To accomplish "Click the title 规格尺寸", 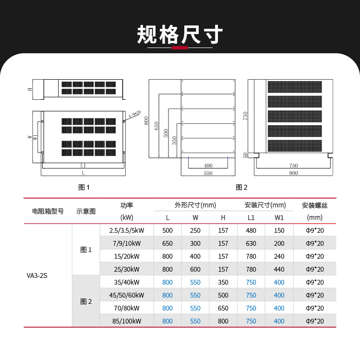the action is (x=180, y=35).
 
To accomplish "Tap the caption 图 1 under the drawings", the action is (x=84, y=187).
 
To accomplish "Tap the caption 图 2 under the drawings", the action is (x=241, y=187).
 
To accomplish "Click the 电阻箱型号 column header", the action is (x=48, y=211).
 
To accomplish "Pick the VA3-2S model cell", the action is (x=37, y=276).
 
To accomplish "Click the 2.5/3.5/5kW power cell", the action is (x=126, y=230).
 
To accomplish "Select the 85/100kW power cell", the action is (x=126, y=321).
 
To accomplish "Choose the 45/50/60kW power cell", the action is (x=126, y=295).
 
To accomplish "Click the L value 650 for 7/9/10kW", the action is (x=168, y=243).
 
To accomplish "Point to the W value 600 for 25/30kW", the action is (x=195, y=269).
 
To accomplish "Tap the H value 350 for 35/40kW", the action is (x=223, y=282).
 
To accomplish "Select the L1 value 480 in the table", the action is (x=251, y=230).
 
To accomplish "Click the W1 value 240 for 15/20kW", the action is (x=279, y=256).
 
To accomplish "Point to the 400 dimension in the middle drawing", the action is (x=208, y=166).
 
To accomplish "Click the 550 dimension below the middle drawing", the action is (x=208, y=173).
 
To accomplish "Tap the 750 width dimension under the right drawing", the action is (x=293, y=166).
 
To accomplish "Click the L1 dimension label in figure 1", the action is (x=83, y=165).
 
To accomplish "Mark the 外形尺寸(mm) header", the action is (x=195, y=205).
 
